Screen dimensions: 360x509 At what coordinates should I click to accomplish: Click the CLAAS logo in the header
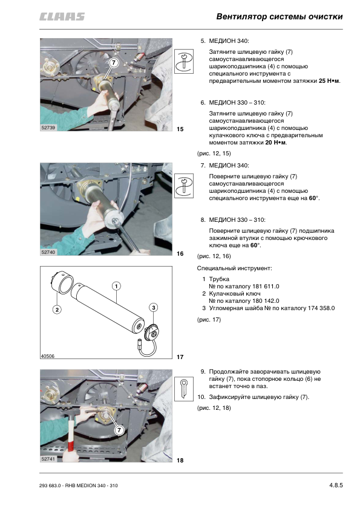coord(62,16)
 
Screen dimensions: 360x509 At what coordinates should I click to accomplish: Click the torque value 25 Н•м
coord(329,81)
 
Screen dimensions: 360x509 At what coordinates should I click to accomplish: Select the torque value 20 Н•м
coord(275,143)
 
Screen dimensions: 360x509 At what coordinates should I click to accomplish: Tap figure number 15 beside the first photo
coord(180,129)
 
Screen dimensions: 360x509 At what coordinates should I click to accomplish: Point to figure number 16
coord(180,253)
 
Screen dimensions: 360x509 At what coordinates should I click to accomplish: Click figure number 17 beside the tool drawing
coord(180,357)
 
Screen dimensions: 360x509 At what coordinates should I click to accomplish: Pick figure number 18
coord(180,460)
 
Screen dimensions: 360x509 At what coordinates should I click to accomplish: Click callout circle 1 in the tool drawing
coord(116,286)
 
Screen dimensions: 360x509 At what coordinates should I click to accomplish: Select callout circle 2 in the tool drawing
coord(57,310)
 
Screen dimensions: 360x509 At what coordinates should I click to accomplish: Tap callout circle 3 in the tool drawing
coord(153,308)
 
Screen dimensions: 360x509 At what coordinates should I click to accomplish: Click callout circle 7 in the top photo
coord(113,62)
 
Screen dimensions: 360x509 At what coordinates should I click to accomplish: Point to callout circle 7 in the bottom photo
coord(119,430)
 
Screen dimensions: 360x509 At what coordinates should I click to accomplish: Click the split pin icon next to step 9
coord(184,389)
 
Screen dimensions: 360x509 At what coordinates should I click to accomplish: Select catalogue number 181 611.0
coord(266,287)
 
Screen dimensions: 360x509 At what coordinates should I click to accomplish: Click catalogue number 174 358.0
coord(321,308)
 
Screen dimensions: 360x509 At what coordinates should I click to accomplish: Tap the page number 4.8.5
coord(336,485)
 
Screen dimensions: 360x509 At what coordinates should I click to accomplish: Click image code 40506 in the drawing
coord(47,356)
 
